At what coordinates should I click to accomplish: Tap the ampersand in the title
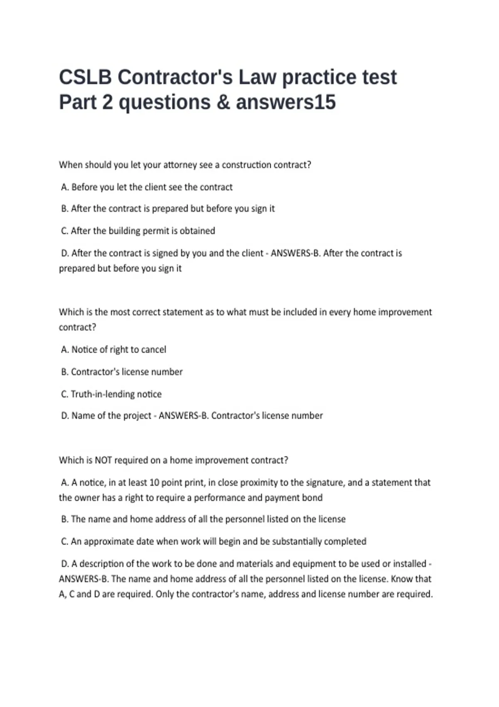click(223, 102)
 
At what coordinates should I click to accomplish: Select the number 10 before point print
click(154, 483)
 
